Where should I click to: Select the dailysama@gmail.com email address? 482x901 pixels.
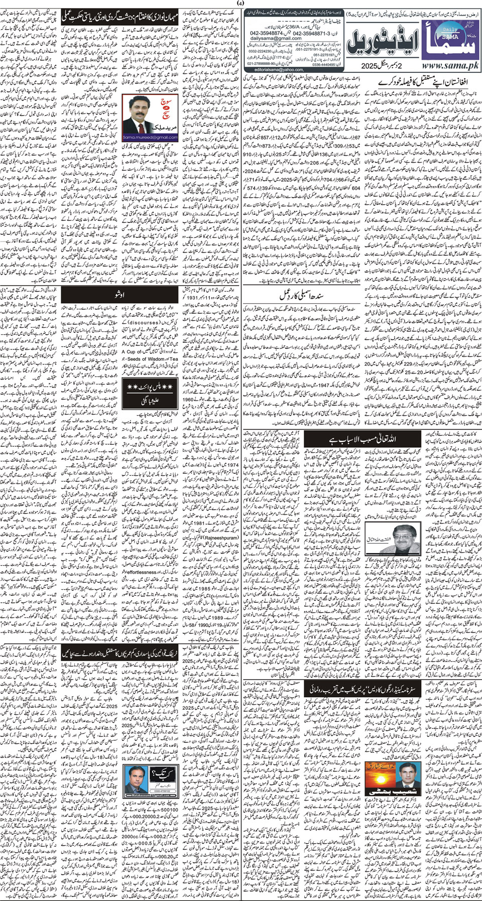tap(276, 38)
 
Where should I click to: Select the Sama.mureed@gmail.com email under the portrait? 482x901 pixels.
tap(144, 137)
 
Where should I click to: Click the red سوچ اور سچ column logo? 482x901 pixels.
tap(166, 107)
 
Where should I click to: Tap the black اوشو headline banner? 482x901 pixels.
tap(120, 294)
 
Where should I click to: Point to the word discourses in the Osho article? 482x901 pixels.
tap(144, 322)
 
